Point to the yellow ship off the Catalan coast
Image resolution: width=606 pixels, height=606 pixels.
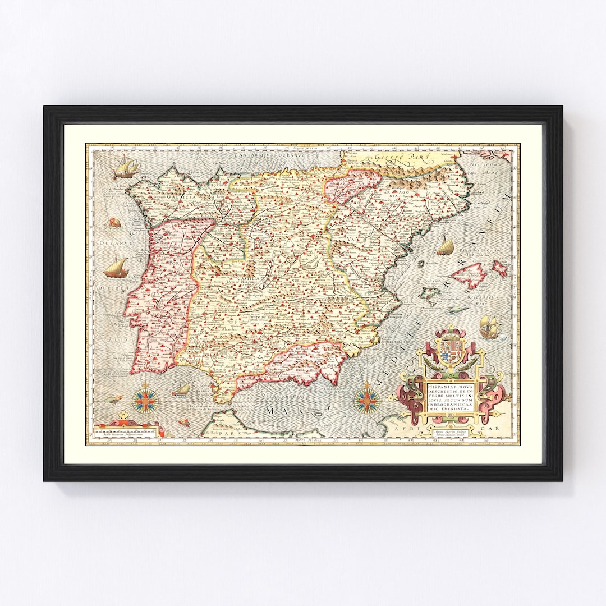click(x=445, y=246)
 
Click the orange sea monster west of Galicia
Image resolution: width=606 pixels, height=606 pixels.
click(x=114, y=222)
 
